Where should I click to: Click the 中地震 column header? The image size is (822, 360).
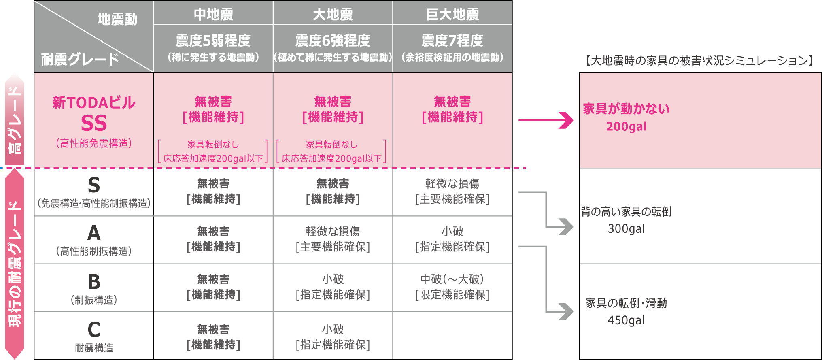tap(213, 15)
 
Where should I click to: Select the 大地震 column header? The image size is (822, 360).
tap(333, 15)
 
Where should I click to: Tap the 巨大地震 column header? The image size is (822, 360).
tap(452, 15)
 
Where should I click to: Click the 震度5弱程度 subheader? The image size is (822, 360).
tap(213, 40)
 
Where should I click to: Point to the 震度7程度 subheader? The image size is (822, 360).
tap(452, 40)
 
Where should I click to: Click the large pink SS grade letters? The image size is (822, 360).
tap(94, 123)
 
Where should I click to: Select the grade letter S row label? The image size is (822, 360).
tap(94, 185)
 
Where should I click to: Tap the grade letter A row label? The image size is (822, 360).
tap(94, 233)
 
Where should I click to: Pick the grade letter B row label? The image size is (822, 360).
tap(94, 281)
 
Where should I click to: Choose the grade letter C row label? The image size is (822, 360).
tap(94, 329)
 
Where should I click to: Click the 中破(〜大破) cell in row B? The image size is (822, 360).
tap(452, 279)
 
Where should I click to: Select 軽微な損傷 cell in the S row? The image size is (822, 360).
tap(452, 184)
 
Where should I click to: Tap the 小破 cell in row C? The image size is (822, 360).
tap(333, 329)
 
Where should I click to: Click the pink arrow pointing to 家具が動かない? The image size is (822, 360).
tap(546, 120)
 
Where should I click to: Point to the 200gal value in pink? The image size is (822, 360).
tap(626, 127)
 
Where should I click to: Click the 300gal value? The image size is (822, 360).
tap(626, 229)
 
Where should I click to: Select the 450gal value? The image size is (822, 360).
tap(626, 320)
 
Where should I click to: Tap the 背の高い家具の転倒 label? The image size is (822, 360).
tap(626, 211)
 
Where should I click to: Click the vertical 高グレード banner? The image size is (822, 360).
tap(15, 119)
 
